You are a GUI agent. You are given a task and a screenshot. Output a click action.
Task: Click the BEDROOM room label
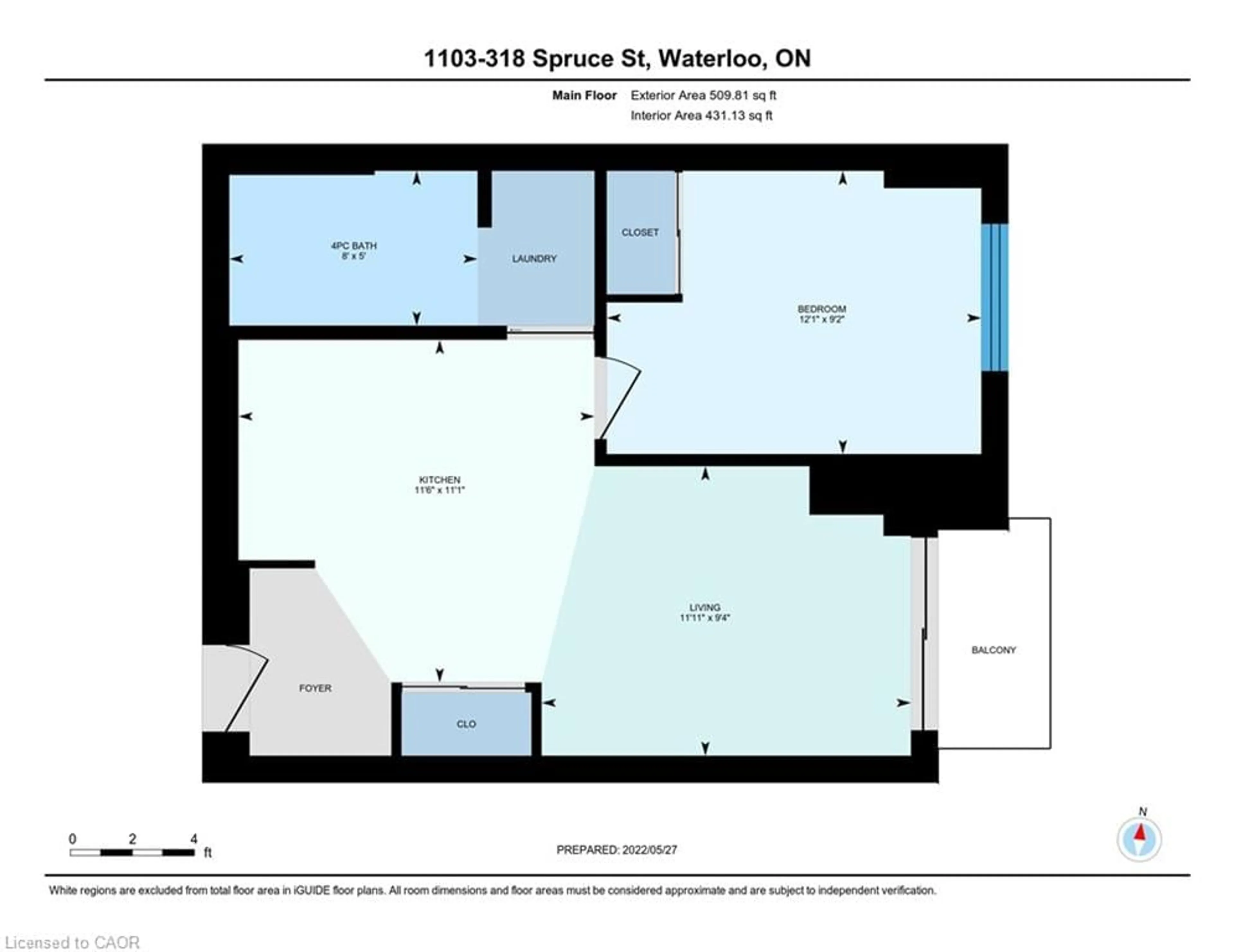[x=821, y=309]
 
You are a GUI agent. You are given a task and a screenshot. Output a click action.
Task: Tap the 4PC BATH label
[x=354, y=246]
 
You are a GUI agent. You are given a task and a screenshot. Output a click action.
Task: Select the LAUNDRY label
[x=534, y=259]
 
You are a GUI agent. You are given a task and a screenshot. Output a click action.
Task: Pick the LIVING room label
[x=705, y=608]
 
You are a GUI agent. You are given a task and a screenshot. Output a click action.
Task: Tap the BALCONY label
[x=993, y=650]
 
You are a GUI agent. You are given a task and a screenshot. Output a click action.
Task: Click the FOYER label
[x=315, y=688]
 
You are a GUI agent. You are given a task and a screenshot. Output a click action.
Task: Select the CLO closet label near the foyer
[x=466, y=724]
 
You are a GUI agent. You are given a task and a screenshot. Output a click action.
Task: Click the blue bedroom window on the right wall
[x=995, y=297]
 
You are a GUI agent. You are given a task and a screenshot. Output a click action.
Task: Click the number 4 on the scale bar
[x=194, y=839]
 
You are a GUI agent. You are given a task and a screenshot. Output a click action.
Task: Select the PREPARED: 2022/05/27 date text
[x=616, y=850]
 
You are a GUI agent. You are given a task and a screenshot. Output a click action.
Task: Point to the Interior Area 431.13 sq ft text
[x=701, y=116]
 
